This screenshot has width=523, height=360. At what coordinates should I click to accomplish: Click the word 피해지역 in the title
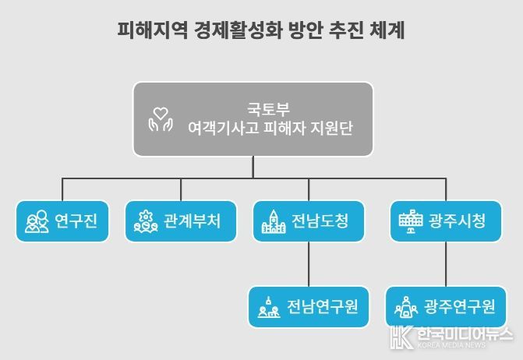pyautogui.click(x=153, y=30)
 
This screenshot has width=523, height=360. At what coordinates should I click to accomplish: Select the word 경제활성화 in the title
pyautogui.click(x=239, y=30)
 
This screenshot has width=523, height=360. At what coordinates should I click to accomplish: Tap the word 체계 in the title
pyautogui.click(x=387, y=30)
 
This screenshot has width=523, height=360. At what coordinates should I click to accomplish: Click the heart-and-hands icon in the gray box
pyautogui.click(x=161, y=119)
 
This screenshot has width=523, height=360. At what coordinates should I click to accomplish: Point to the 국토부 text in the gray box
pyautogui.click(x=268, y=109)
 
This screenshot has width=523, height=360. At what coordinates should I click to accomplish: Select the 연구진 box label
pyautogui.click(x=76, y=221)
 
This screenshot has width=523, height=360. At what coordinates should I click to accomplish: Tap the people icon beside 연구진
pyautogui.click(x=37, y=221)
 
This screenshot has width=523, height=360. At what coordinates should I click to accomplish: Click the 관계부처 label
pyautogui.click(x=192, y=221)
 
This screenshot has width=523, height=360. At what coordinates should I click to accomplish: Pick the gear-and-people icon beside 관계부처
pyautogui.click(x=146, y=221)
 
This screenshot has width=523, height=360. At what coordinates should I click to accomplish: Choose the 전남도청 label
pyautogui.click(x=320, y=221)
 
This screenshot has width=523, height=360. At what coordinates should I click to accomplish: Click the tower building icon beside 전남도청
pyautogui.click(x=274, y=221)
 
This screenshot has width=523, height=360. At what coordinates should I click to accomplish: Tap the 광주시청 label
pyautogui.click(x=457, y=221)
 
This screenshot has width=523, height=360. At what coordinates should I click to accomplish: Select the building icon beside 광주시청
pyautogui.click(x=411, y=221)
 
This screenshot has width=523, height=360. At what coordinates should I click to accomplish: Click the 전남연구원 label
pyautogui.click(x=323, y=307)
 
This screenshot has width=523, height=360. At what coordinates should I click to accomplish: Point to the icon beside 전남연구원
pyautogui.click(x=269, y=307)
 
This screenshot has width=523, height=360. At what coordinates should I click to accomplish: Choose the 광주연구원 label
pyautogui.click(x=460, y=307)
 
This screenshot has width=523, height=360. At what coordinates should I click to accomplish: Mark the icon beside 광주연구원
pyautogui.click(x=406, y=307)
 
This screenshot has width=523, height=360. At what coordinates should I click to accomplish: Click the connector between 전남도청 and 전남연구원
pyautogui.click(x=309, y=264)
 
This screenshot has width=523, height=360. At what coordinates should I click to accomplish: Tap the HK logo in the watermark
pyautogui.click(x=402, y=337)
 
